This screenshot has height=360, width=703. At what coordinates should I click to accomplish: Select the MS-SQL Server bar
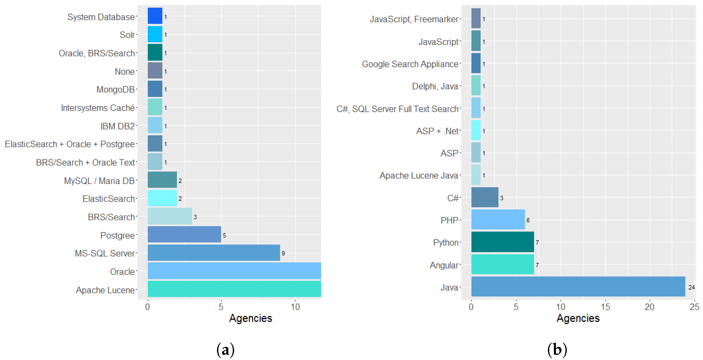(x=214, y=252)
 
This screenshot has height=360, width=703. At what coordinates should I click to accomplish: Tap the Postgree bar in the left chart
(x=184, y=234)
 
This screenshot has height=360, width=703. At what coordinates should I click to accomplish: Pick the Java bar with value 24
(x=578, y=286)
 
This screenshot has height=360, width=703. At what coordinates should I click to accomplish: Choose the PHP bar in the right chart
(x=498, y=219)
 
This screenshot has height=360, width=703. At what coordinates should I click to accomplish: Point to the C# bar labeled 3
(x=484, y=197)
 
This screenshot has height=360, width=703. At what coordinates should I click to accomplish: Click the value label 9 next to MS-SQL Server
(x=283, y=253)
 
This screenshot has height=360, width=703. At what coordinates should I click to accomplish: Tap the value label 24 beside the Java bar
(x=691, y=287)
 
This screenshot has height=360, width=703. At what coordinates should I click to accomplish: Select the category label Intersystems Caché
(x=98, y=108)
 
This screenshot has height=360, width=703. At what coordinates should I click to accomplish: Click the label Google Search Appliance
(x=410, y=64)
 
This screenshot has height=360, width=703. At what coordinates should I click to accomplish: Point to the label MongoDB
(x=115, y=89)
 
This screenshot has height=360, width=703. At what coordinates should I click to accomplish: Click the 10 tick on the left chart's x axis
(x=295, y=307)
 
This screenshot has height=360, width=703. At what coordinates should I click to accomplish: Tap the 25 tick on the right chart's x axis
(x=694, y=307)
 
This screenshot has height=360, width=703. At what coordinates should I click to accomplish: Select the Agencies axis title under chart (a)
(x=250, y=318)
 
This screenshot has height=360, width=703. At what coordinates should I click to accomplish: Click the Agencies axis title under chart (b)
(x=578, y=318)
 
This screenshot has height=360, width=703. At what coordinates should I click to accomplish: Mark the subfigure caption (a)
(x=225, y=350)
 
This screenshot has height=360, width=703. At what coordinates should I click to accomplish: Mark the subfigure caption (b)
(x=557, y=350)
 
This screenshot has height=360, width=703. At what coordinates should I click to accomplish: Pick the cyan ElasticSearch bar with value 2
(x=162, y=198)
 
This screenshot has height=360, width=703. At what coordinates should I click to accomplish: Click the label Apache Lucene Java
(x=418, y=175)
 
